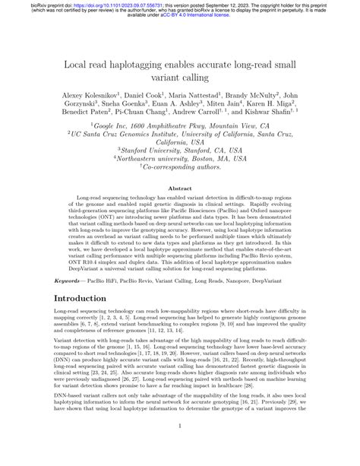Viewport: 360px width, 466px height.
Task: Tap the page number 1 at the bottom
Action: pyautogui.click(x=180, y=447)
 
